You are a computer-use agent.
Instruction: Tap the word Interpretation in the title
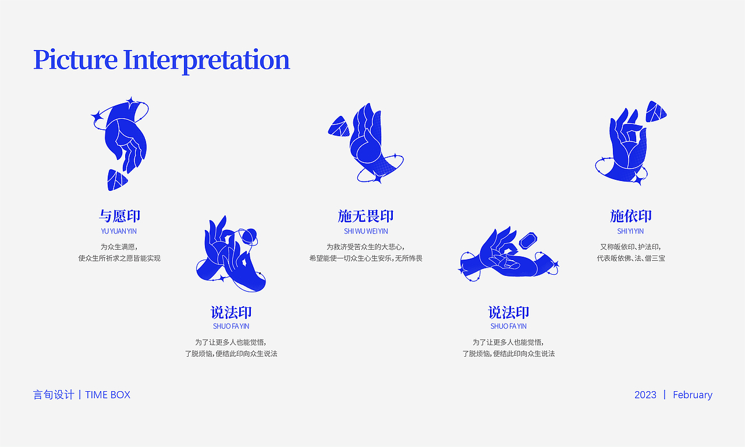[x=206, y=60]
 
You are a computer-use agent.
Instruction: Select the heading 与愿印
[x=119, y=216]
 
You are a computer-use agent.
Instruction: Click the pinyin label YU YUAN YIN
[x=119, y=231]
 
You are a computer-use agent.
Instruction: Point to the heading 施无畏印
[x=366, y=216]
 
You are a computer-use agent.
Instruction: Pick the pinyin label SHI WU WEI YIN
[x=366, y=231]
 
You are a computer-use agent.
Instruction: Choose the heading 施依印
[x=630, y=216]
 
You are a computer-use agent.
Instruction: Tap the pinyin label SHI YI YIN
[x=630, y=231]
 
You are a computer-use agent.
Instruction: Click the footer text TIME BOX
[x=108, y=395]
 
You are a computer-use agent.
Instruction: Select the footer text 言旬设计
[x=54, y=395]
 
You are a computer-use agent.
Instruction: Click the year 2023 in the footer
[x=645, y=395]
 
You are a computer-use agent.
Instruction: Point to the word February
[x=693, y=395]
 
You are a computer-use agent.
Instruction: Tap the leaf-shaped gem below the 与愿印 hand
[x=116, y=180]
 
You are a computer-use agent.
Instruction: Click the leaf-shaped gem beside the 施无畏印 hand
[x=338, y=126]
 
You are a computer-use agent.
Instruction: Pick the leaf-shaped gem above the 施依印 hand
[x=656, y=111]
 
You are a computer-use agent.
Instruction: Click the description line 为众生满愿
[x=119, y=247]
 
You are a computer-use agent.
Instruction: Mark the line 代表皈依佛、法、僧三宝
[x=630, y=258]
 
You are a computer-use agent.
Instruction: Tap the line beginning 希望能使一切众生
[x=366, y=258]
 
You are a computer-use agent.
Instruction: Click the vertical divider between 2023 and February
[x=665, y=395]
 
